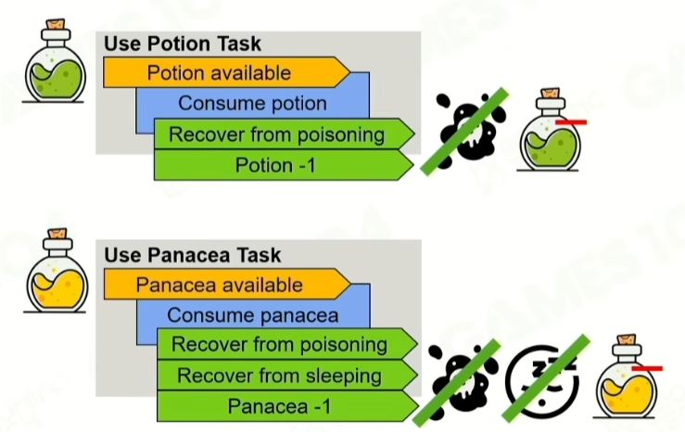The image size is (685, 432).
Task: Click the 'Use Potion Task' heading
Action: pos(182,44)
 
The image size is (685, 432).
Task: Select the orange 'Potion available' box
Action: pos(219,72)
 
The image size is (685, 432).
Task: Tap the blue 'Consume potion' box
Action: pos(252,103)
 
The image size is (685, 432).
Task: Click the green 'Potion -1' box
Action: pos(277,165)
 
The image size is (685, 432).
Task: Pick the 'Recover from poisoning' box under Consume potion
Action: pos(276,134)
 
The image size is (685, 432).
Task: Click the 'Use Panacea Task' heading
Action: pos(192,254)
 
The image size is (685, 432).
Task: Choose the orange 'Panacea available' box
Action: pos(219,285)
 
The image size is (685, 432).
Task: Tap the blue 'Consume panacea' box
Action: pos(252,315)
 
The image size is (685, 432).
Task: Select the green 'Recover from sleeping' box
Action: pos(279,375)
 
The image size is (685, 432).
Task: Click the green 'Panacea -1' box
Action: pos(279,406)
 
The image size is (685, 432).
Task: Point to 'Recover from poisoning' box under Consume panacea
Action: pos(279,345)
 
